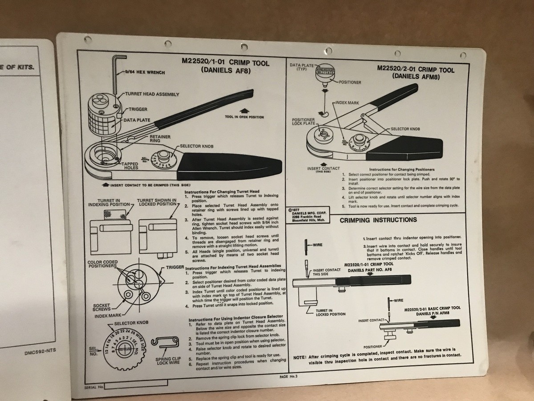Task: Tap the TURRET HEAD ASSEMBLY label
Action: click(x=152, y=94)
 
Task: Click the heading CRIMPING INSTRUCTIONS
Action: click(x=378, y=220)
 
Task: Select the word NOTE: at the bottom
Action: click(x=299, y=356)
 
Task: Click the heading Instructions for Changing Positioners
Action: click(x=402, y=169)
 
